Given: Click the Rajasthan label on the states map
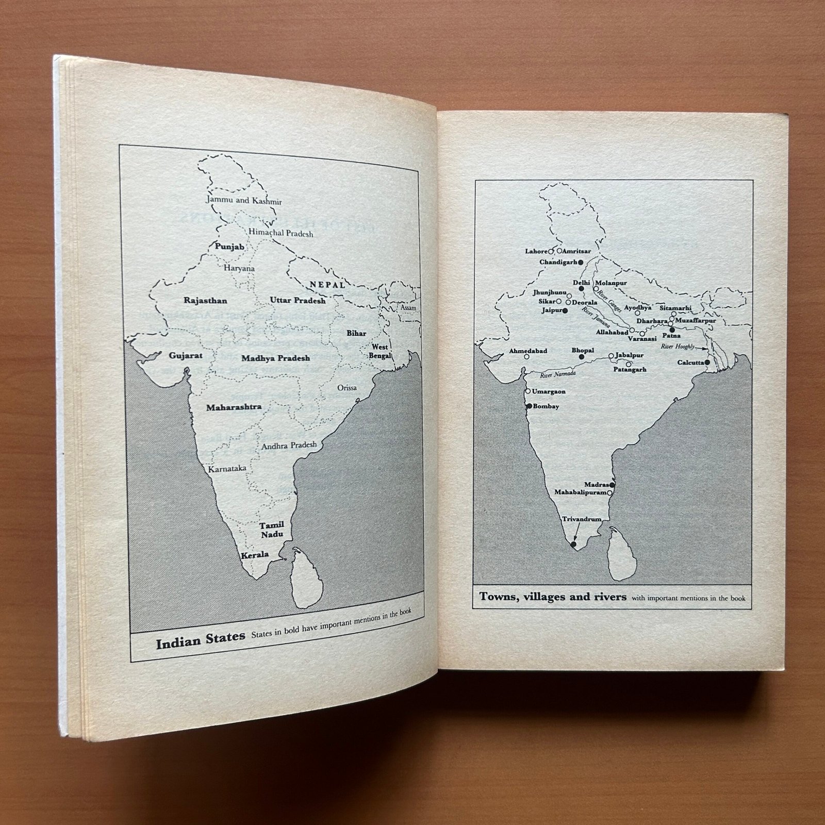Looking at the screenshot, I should point(205,301).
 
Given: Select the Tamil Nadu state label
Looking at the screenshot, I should point(272,530).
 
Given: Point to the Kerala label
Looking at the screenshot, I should point(255,555).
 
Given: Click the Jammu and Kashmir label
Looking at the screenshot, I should point(244,201).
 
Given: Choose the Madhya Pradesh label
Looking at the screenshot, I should point(275,358).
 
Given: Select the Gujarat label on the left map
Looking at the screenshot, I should point(186,355).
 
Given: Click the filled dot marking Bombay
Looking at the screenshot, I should point(529,406).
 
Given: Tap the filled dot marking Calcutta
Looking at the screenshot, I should point(707,362).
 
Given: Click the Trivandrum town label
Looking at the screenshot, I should point(582,519).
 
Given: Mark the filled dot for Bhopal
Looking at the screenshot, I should point(582,357).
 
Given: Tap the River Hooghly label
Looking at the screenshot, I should point(678,347).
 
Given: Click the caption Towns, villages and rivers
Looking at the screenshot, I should point(553,597).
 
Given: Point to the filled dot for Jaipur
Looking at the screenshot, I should point(565,311).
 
